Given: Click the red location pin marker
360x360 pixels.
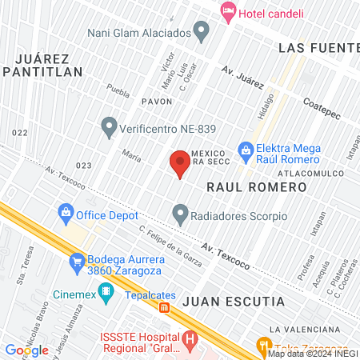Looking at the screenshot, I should tap(180, 162).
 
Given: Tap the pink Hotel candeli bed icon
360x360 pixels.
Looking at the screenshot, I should tap(228, 11).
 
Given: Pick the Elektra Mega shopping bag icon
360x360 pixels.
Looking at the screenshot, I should tap(246, 150).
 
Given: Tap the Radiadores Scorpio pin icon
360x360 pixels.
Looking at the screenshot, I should tap(180, 214).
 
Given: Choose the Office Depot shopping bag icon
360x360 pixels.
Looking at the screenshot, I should tap(65, 214).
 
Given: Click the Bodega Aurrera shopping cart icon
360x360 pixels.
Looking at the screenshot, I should tap(77, 261).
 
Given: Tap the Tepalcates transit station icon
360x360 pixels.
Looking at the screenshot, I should tap(164, 307).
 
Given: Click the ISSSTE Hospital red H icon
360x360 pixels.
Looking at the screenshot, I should tap(190, 339).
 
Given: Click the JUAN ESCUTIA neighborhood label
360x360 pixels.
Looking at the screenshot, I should tap(233, 302).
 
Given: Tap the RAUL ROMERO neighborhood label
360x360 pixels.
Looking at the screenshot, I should tap(256, 186).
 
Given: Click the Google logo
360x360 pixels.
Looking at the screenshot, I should tap(26, 350).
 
